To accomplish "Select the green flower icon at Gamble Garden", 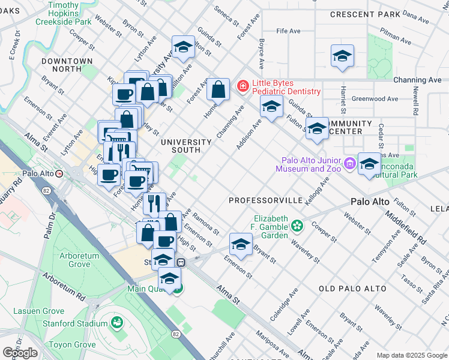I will (x=296, y=226).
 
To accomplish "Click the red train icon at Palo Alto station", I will (x=59, y=174).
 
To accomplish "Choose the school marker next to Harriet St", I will (x=342, y=56).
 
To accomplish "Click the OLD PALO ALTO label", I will (x=352, y=289).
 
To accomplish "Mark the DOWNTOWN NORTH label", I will (x=67, y=65).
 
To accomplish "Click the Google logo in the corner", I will (x=20, y=353).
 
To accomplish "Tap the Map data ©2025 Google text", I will (x=411, y=355).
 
